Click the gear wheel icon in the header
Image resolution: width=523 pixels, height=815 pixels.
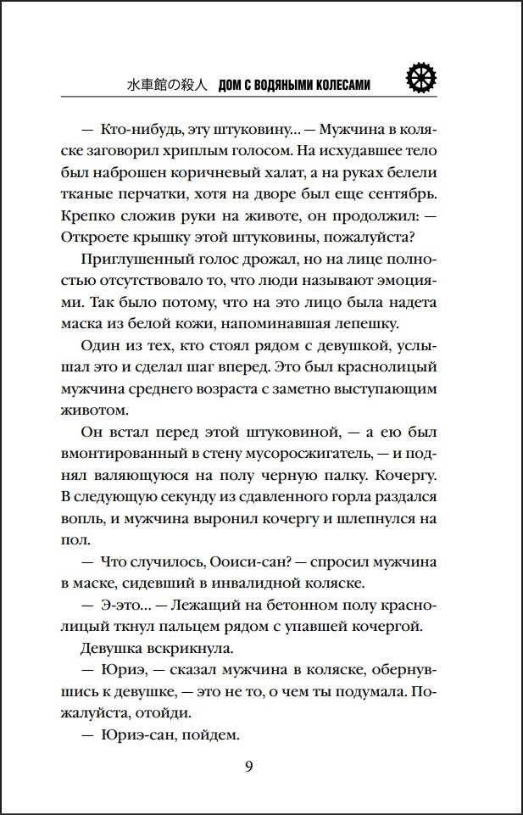coord(420,78)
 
